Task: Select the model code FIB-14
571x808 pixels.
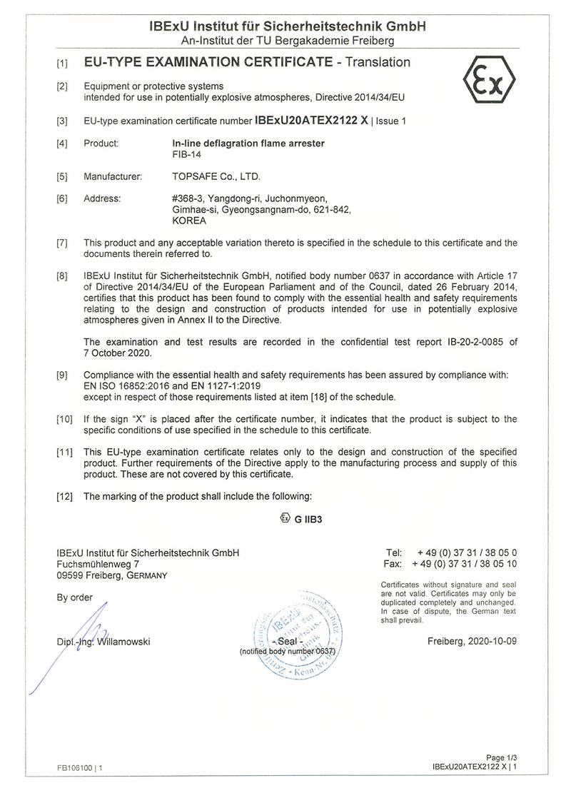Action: click(x=178, y=154)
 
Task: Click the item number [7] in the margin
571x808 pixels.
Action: click(x=62, y=243)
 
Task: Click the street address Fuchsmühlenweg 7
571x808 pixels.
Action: click(x=98, y=564)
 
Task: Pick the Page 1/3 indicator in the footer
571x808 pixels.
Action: click(x=500, y=757)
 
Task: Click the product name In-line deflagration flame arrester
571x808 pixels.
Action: click(x=243, y=143)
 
